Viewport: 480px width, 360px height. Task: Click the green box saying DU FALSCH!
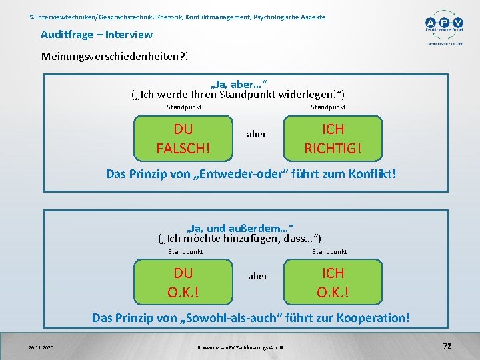(183, 139)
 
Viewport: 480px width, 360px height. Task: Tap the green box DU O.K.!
(183, 283)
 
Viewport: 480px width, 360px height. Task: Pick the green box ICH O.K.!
(333, 283)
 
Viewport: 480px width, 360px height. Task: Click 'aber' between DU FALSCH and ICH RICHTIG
(257, 134)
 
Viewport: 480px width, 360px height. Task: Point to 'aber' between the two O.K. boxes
(257, 276)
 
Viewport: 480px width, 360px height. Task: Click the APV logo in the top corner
(443, 25)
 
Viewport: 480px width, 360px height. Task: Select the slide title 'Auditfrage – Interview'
(97, 34)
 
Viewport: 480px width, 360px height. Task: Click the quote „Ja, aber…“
(239, 85)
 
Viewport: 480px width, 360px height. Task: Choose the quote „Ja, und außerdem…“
(240, 227)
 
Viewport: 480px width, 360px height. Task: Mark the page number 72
(447, 345)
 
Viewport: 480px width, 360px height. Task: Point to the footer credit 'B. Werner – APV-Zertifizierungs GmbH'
(241, 347)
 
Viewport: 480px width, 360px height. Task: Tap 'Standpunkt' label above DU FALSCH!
(184, 107)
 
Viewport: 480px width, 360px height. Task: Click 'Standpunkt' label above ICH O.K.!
(329, 252)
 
